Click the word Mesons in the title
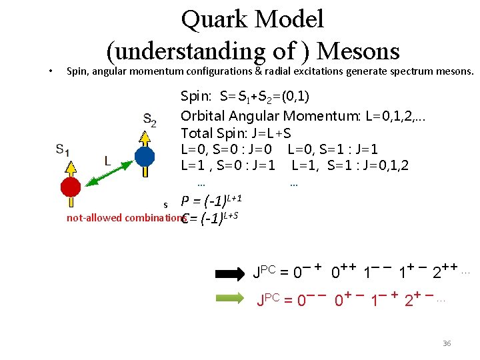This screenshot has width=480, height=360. point(359,51)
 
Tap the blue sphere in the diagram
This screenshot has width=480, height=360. point(145,157)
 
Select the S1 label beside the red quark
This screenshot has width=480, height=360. point(64,149)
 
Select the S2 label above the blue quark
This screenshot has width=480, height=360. point(150,121)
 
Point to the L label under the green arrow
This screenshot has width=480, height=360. point(107,161)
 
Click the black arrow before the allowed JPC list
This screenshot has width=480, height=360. point(230,273)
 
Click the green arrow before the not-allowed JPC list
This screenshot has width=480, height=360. point(230,300)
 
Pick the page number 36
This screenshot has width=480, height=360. point(447,343)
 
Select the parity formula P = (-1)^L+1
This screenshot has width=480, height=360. point(211,201)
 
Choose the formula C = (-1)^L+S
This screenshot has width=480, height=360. point(211,218)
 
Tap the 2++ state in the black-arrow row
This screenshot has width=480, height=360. point(443,271)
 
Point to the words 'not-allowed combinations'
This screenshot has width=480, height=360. point(125,218)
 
